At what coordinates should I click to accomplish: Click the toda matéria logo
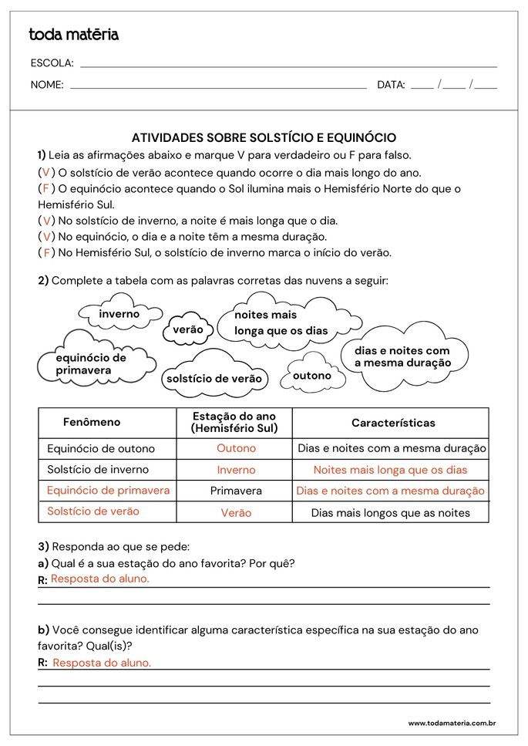pos(74,35)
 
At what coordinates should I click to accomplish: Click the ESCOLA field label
pos(52,63)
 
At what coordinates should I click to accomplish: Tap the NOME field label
pos(47,85)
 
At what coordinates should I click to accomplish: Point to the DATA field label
pos(391,85)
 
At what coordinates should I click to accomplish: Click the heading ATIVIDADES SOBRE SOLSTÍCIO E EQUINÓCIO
pos(264,137)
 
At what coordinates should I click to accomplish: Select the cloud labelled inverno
pos(119,315)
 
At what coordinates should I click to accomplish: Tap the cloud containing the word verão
pos(187,329)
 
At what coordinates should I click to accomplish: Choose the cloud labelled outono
pos(312,376)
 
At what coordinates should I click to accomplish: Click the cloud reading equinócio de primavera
pos(91,364)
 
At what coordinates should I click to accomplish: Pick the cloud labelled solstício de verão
pos(214,378)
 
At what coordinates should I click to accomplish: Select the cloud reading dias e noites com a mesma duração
pos(402,356)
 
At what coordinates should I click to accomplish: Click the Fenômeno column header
pos(92,422)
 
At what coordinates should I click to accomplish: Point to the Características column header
pos(393,423)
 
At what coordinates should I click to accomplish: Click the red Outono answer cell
pos(236,448)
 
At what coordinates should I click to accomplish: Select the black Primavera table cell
pos(236,491)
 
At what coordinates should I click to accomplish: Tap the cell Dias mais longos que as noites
pos(390,512)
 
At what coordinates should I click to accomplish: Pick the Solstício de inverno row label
pos(98,469)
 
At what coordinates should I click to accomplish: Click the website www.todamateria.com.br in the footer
pos(451,723)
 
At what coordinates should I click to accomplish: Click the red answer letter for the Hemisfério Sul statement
pos(46,253)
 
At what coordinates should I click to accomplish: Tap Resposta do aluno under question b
pos(102,663)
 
